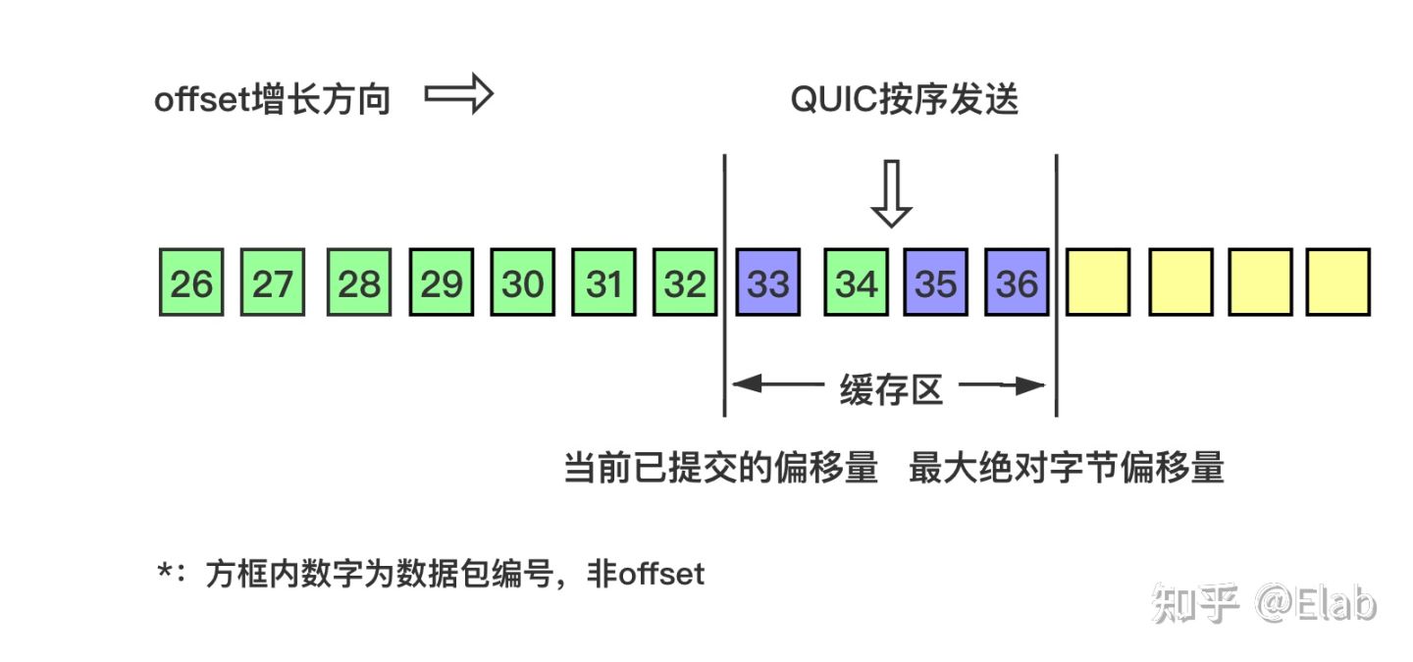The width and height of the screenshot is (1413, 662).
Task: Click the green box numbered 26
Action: [191, 282]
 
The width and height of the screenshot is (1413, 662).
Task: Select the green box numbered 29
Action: [442, 282]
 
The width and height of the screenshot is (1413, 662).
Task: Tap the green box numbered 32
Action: [685, 282]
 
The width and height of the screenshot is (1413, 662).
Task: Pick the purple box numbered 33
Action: [768, 282]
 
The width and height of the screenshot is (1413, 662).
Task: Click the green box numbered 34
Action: [856, 282]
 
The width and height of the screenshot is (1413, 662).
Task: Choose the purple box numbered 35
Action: [936, 282]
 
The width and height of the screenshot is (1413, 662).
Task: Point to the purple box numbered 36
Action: [1018, 282]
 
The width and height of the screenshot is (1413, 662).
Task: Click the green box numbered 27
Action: [273, 282]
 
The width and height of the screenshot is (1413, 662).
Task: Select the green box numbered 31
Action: [604, 282]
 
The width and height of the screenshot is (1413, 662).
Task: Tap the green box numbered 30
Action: [523, 282]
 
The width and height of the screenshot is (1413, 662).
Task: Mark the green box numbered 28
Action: [360, 282]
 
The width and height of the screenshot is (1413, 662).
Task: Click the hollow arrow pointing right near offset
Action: [458, 96]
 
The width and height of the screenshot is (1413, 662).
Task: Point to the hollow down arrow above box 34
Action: [891, 194]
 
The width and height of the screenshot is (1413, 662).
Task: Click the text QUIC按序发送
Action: [905, 100]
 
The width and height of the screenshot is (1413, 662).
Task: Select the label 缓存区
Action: [891, 389]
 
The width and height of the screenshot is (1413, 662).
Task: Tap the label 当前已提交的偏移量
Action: [720, 468]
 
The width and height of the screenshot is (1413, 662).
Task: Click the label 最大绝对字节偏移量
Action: [1067, 468]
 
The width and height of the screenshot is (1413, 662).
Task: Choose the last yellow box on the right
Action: [1338, 282]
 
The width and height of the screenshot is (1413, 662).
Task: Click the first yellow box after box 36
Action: [1098, 282]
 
